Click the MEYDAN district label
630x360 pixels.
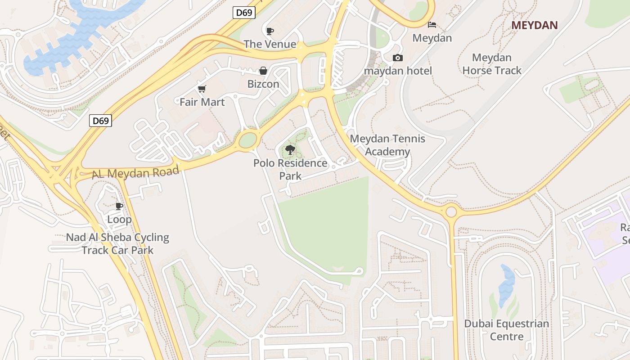tap(534, 25)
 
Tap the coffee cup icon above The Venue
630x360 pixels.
tap(270, 31)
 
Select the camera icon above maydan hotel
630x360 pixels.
tap(398, 58)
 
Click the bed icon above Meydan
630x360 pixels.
tap(432, 24)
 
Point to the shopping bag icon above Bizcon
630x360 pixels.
tap(263, 71)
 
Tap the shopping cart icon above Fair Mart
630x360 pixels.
tap(202, 89)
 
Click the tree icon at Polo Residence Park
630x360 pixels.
tap(290, 150)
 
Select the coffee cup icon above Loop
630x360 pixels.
tap(119, 206)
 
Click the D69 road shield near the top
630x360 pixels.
tap(244, 13)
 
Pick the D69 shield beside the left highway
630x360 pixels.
tap(100, 121)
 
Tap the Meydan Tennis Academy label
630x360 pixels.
tap(387, 145)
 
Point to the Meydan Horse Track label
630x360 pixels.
tap(491, 64)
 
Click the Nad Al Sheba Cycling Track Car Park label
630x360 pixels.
tap(117, 243)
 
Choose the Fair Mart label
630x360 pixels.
tap(202, 102)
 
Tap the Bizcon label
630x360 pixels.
tap(263, 84)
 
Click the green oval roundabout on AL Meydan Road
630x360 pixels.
tap(248, 140)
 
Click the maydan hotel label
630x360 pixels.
tap(398, 71)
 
